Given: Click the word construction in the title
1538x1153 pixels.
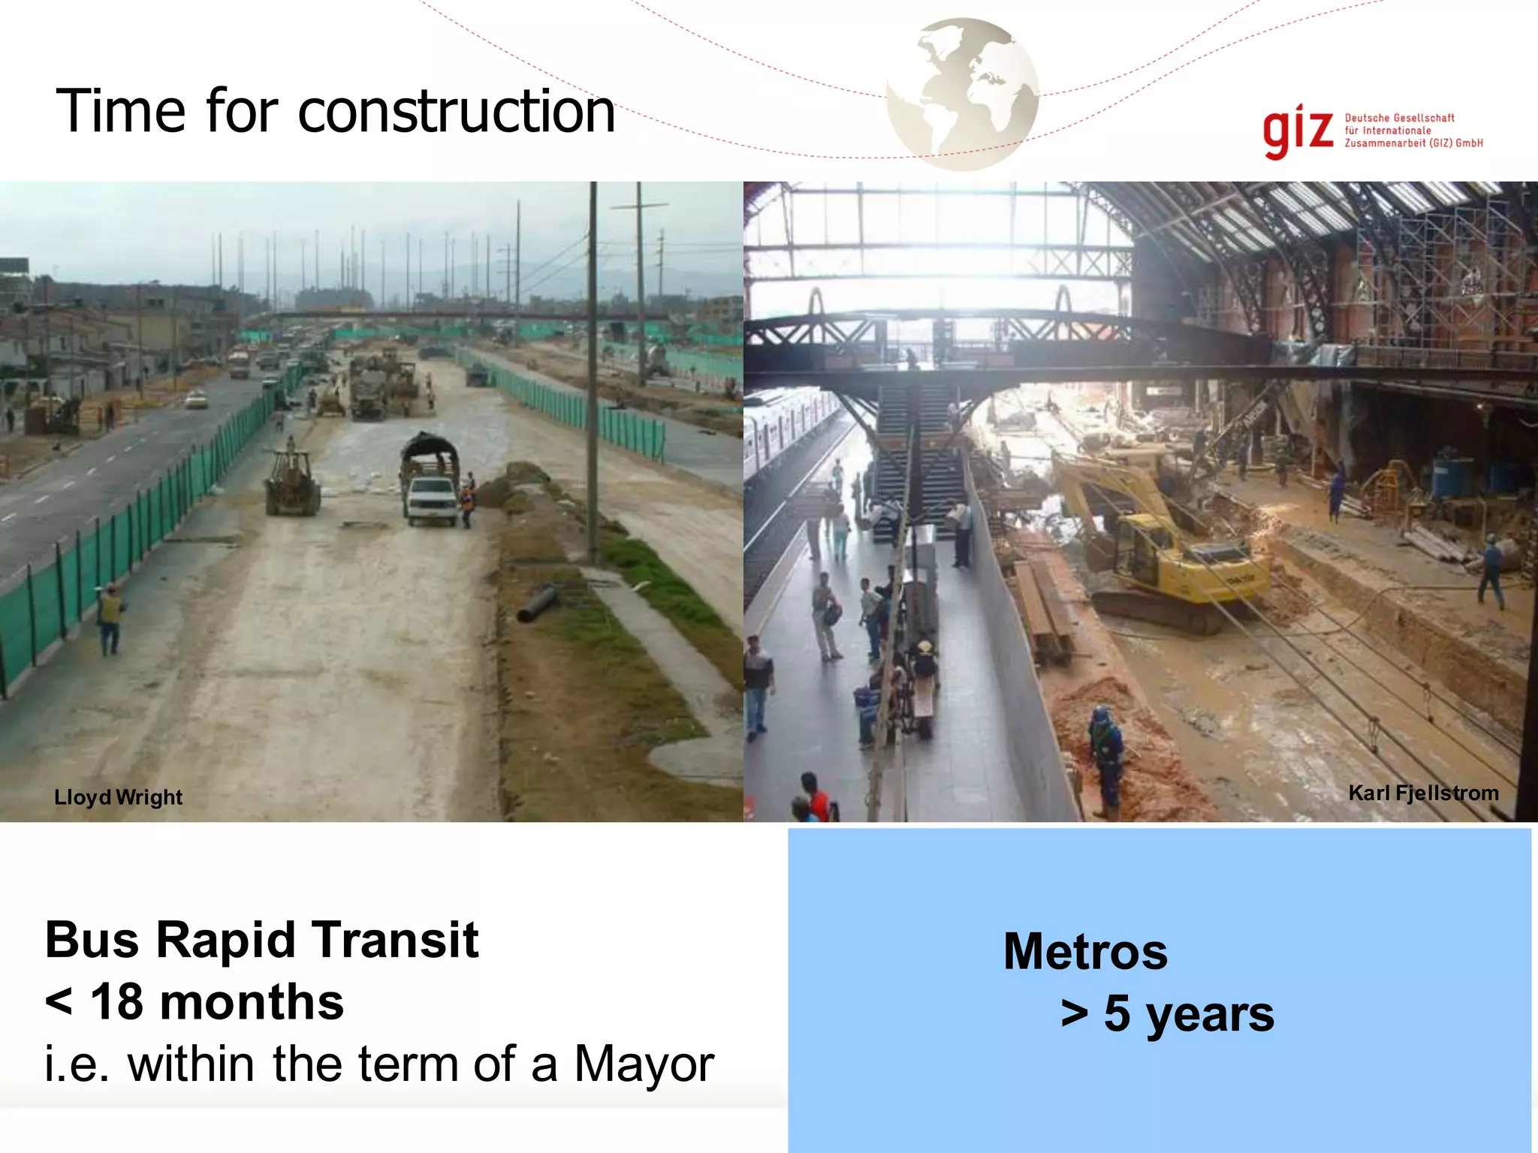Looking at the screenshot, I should click(457, 113).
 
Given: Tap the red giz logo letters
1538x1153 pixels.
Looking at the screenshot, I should click(1298, 131).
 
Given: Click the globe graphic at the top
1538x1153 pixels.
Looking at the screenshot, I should click(962, 94).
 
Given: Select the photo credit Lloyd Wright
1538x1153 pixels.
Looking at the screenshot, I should click(118, 797).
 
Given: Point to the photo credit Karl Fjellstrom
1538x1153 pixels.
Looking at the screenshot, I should click(1423, 793).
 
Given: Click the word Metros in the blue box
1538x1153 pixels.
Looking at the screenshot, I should click(1085, 952).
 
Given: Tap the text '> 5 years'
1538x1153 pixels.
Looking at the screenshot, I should click(1167, 1013).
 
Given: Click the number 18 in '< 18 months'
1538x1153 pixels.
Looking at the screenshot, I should click(117, 1002).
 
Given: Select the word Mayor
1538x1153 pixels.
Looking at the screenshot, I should click(644, 1064).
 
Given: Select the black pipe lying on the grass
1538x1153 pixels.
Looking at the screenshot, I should click(538, 603).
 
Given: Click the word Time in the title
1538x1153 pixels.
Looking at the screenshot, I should click(120, 113).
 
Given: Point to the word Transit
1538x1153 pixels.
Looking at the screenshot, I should click(395, 940).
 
